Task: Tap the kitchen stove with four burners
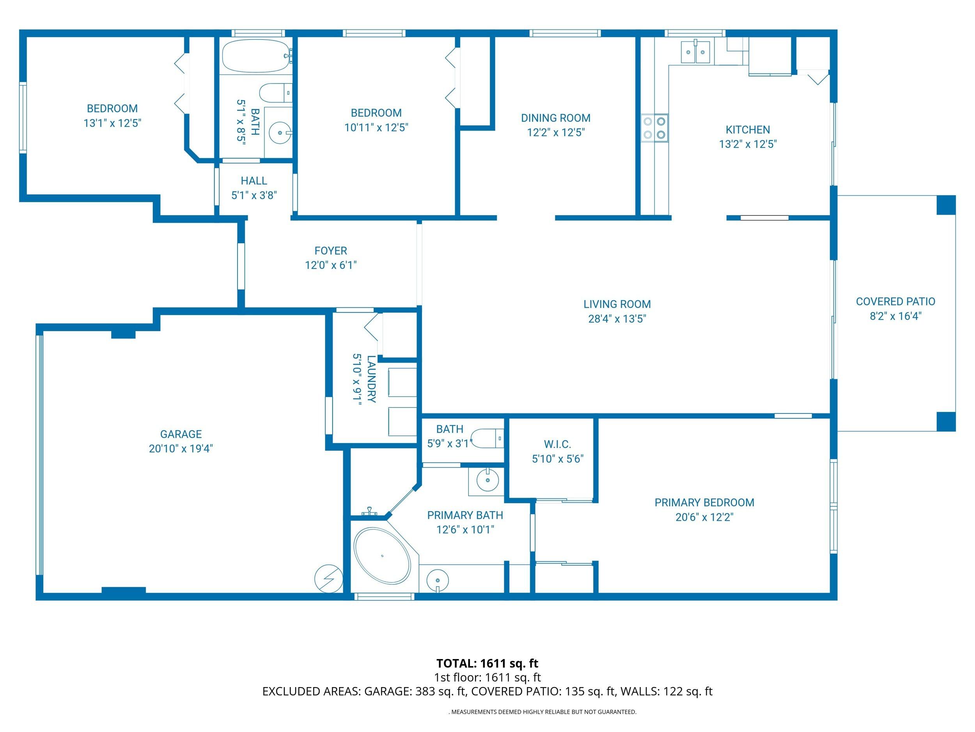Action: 654,128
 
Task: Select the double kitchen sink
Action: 695,52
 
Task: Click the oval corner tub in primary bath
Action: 382,556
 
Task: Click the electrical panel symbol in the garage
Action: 328,578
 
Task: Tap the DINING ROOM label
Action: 555,118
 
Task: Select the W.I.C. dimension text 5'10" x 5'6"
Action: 557,459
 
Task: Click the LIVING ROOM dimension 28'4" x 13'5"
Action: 617,319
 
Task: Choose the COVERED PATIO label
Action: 895,301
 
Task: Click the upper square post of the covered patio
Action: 945,205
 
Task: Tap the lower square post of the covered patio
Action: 945,421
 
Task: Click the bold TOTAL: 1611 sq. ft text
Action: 487,663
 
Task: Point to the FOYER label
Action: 331,251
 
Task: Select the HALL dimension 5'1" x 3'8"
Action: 254,195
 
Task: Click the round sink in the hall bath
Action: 280,132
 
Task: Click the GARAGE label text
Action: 181,434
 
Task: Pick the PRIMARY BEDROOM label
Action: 704,502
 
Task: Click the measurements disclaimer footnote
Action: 542,712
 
